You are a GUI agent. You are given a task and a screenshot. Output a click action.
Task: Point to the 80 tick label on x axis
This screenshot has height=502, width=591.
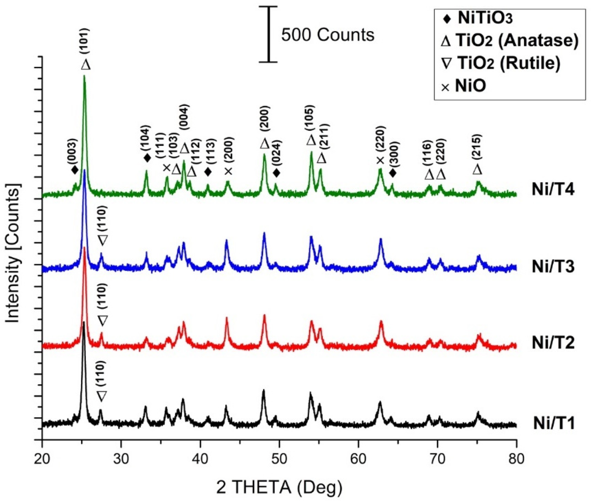516,460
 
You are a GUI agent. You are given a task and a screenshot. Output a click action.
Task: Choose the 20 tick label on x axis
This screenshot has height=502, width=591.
42,460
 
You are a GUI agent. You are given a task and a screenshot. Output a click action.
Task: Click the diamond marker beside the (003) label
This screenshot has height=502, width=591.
75,170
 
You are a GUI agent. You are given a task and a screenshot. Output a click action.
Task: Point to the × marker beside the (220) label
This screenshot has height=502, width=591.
380,161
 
